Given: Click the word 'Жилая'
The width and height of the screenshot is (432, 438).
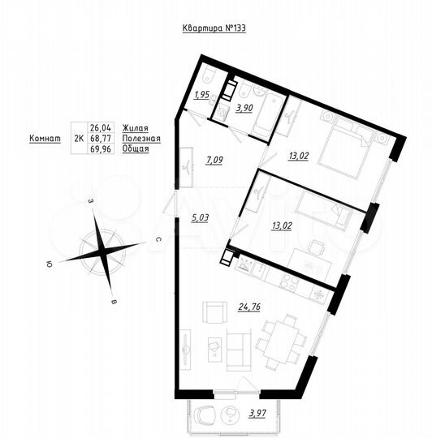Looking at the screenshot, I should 135,127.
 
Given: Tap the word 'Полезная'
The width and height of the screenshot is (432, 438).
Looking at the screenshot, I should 141,139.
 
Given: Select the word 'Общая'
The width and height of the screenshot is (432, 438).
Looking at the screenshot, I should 136,150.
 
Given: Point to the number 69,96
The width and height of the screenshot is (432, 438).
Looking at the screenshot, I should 101,150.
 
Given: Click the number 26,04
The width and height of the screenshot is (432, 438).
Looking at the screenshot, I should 101,127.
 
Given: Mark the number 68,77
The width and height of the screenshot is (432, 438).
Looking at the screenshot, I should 101,139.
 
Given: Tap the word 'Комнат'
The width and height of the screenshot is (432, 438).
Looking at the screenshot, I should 45,139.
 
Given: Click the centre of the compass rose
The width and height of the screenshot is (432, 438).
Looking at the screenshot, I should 100,250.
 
